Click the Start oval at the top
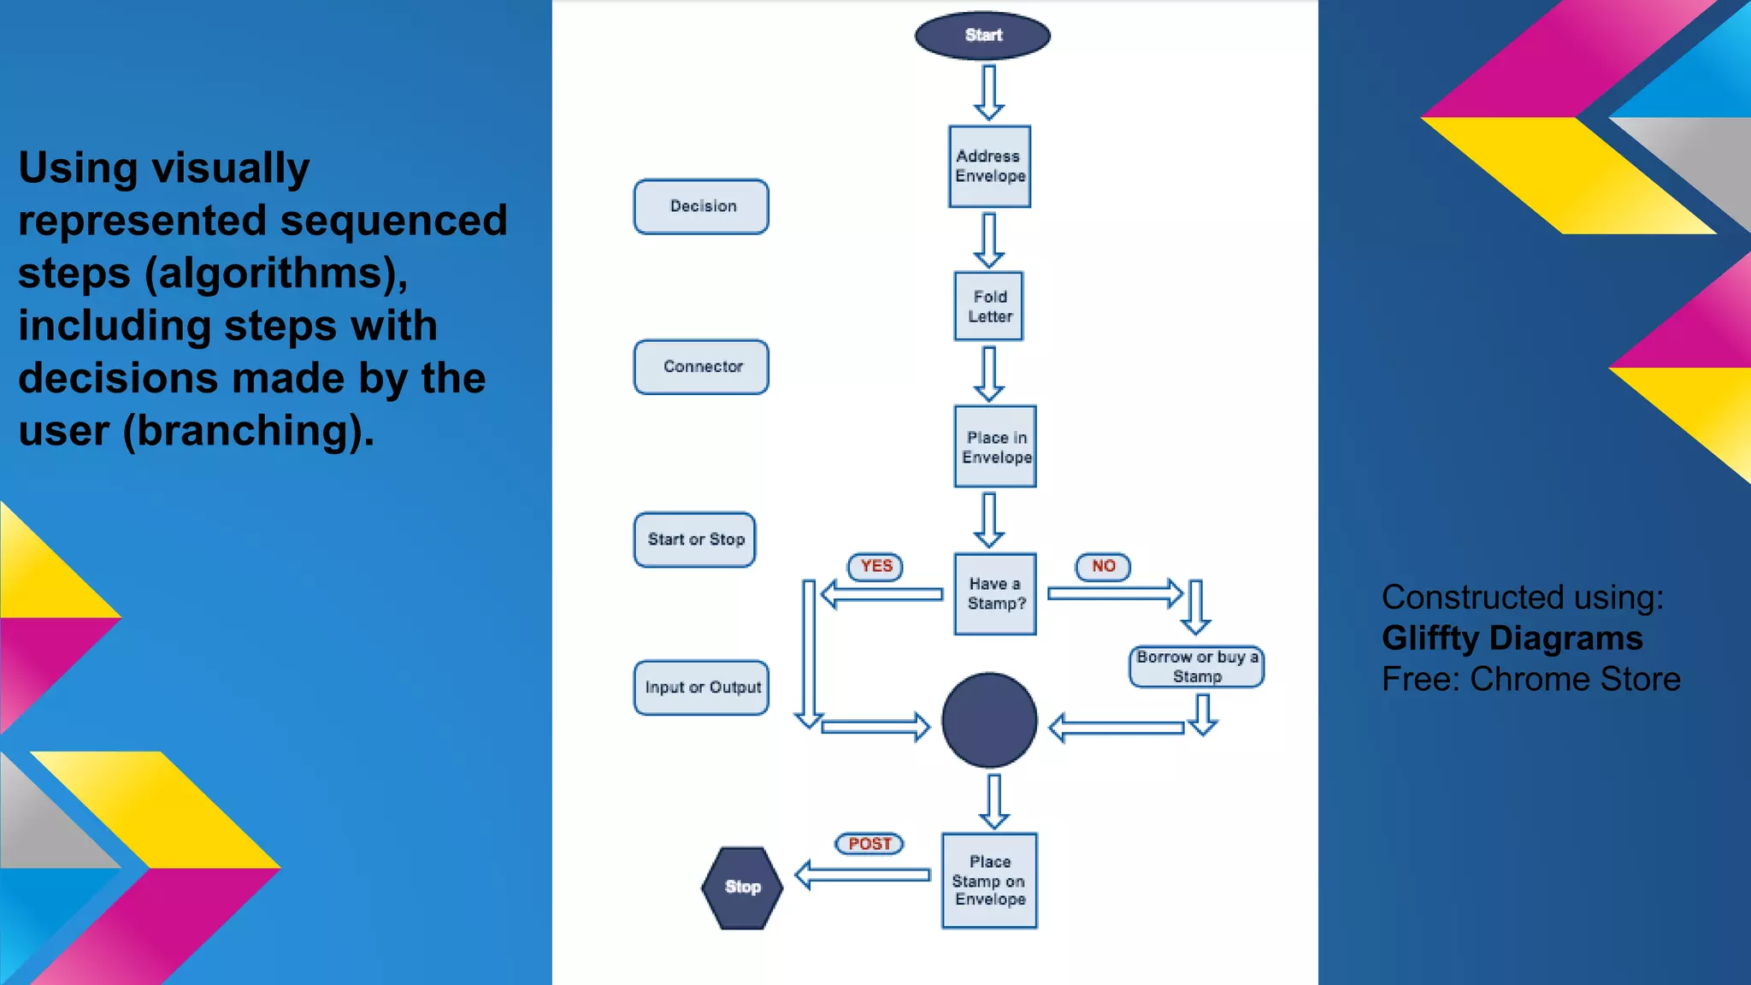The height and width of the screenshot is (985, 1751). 982,36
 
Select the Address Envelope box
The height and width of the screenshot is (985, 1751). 989,167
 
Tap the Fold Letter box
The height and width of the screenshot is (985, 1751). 988,306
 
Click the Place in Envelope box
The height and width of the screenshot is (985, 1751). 995,446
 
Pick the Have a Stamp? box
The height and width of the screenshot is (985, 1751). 995,593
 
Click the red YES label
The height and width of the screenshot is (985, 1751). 875,566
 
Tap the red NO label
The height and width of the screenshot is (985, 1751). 1103,566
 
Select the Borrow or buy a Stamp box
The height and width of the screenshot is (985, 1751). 1196,667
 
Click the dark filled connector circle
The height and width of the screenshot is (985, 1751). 989,720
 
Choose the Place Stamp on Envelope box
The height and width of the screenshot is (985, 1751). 989,881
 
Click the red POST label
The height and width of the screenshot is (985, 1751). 870,844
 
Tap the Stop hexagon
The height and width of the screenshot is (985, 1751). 742,888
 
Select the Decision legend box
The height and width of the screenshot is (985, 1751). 701,206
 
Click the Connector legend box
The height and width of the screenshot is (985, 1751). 701,367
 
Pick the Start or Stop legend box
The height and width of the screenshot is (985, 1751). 695,540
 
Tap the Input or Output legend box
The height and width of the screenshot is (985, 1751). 701,687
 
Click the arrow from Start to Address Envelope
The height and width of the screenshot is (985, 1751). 989,92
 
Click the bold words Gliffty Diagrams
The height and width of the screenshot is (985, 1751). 1512,639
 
